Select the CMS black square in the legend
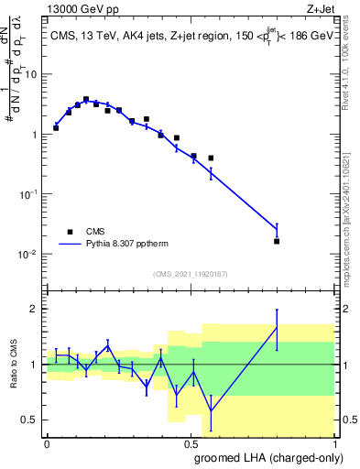[x=70, y=232]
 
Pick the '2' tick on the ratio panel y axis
[x=35, y=309]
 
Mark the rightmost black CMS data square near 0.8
[x=277, y=241]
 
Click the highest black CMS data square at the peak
[x=86, y=99]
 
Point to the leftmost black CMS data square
[x=56, y=127]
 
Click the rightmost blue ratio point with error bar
[x=277, y=327]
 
